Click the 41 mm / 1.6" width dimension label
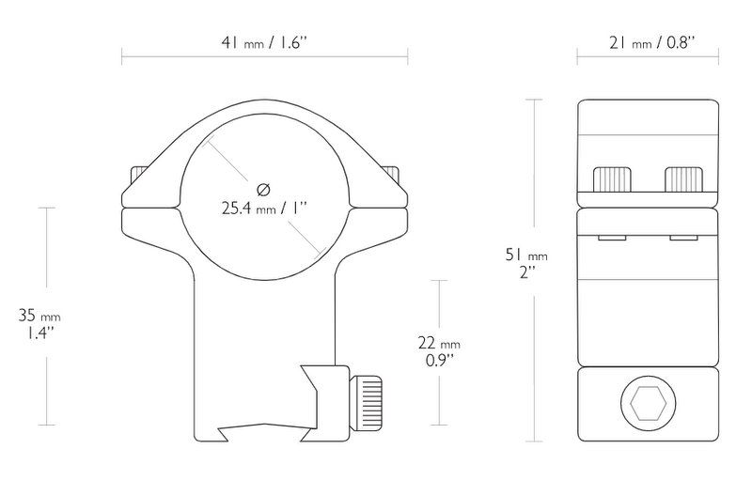pos(264,43)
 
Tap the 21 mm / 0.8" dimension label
pos(652,43)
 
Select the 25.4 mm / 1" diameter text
pos(264,209)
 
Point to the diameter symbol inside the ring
pos(264,190)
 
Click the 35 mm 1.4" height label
pos(39,324)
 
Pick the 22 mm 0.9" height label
pos(439,351)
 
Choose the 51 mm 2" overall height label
pos(526,263)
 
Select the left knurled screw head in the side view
pos(612,178)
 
